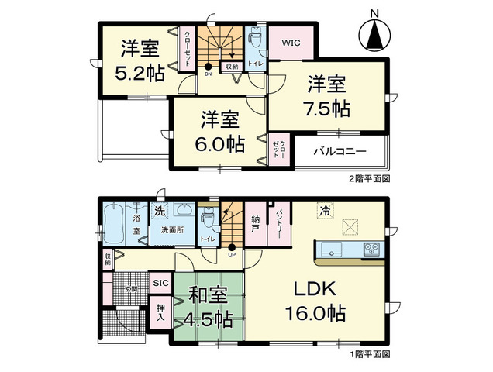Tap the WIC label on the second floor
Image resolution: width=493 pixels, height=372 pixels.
click(292, 43)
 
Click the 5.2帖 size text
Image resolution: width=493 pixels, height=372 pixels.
click(140, 75)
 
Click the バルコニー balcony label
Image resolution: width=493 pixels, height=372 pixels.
click(340, 150)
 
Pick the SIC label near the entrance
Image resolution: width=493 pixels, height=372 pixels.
click(160, 283)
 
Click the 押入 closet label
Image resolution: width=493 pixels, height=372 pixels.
click(160, 312)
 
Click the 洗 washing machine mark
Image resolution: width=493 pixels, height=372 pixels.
click(159, 212)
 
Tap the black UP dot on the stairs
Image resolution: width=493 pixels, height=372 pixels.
click(231, 248)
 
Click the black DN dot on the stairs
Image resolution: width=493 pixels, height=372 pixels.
click(209, 66)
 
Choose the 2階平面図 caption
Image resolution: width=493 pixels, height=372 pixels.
click(367, 177)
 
